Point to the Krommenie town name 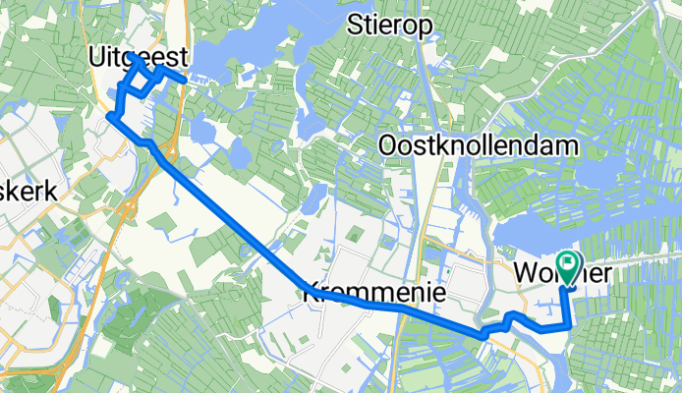373,293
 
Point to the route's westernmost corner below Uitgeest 109,118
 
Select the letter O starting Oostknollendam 389,146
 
